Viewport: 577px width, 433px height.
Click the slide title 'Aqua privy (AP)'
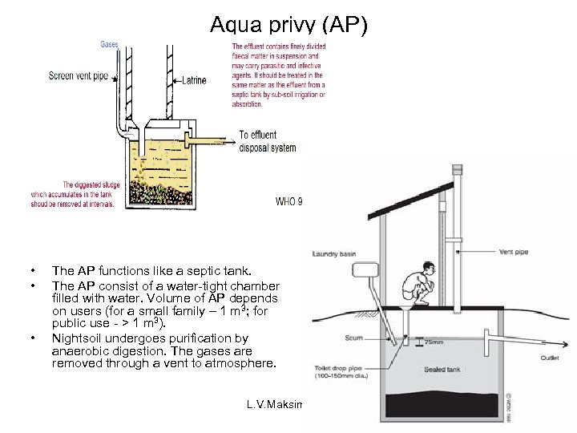[288, 25]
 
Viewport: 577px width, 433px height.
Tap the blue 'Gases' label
[110, 44]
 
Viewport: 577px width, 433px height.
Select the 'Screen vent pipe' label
[78, 76]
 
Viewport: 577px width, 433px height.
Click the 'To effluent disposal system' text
[267, 141]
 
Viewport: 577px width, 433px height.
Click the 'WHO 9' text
[288, 201]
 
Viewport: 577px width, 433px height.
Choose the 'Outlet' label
[550, 358]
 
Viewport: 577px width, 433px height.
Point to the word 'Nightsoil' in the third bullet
[75, 338]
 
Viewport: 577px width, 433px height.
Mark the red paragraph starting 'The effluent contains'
[279, 75]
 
